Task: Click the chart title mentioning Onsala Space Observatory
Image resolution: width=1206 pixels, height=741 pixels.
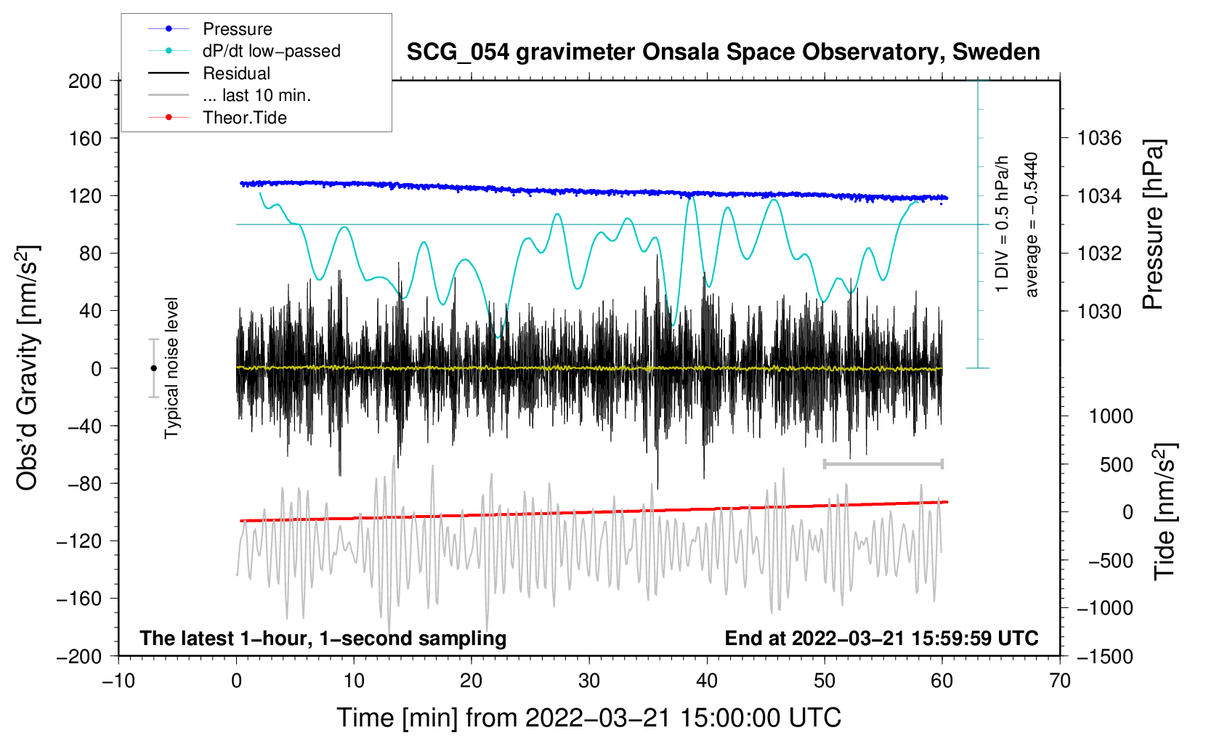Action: click(723, 52)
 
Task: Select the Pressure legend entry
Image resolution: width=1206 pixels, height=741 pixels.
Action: click(211, 28)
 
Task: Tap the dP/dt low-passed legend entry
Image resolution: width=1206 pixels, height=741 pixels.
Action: click(244, 51)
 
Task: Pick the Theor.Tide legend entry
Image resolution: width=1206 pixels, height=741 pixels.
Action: click(217, 118)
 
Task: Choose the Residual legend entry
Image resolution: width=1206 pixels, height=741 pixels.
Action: click(209, 73)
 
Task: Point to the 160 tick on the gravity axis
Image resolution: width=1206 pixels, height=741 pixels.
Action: click(85, 139)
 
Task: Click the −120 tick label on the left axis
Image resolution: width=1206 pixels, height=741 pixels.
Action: click(79, 541)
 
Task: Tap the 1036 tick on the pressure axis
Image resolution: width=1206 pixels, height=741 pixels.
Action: click(1099, 139)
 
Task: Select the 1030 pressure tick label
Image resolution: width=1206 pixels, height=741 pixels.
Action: click(1099, 311)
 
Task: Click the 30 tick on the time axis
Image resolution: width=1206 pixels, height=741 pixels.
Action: click(589, 681)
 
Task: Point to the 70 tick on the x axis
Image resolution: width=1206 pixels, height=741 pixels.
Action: click(1059, 681)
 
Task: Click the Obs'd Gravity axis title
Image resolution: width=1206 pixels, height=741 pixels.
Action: click(27, 368)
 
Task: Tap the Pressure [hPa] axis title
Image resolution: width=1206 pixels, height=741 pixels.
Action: click(1153, 224)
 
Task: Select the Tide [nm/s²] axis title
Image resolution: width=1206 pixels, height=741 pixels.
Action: click(1165, 511)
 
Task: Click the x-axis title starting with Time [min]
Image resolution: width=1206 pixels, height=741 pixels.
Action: click(588, 718)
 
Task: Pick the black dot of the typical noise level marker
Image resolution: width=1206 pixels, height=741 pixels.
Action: click(153, 368)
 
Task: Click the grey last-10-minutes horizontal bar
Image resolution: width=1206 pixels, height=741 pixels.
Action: click(883, 463)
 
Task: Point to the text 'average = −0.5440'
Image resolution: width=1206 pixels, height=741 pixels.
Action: click(1030, 224)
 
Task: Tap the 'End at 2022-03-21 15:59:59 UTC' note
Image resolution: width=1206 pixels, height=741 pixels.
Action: click(881, 638)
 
